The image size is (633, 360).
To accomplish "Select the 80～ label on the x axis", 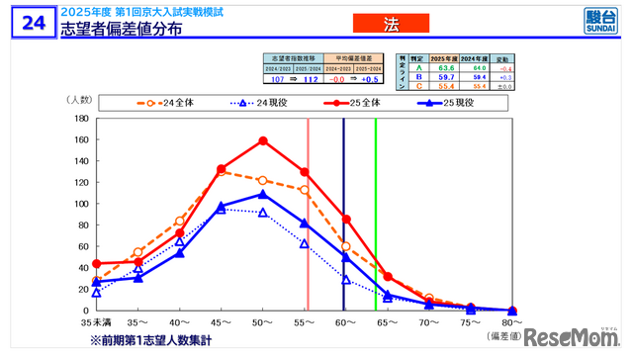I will point(511,322).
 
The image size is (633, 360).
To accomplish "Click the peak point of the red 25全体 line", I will point(263,140).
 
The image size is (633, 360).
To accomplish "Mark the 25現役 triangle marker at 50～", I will point(263,194).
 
